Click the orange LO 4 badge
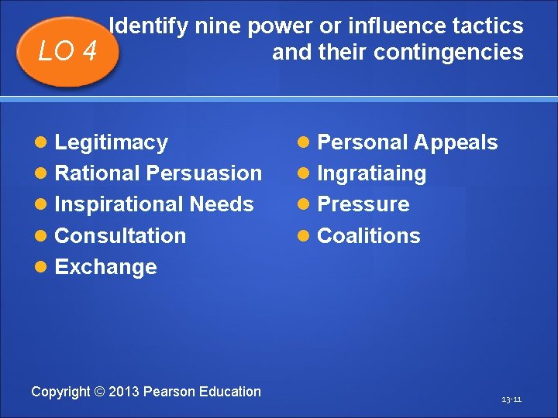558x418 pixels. pyautogui.click(x=68, y=52)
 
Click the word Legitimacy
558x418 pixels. pyautogui.click(x=112, y=142)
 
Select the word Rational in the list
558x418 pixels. pyautogui.click(x=98, y=173)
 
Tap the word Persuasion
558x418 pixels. pyautogui.click(x=204, y=173)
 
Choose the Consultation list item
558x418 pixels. pyautogui.click(x=120, y=235)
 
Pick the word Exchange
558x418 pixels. pyautogui.click(x=106, y=267)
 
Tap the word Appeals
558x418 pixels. pyautogui.click(x=456, y=142)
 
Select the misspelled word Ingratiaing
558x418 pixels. pyautogui.click(x=372, y=173)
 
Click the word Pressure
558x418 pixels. pyautogui.click(x=363, y=204)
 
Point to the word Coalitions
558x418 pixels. pyautogui.click(x=369, y=235)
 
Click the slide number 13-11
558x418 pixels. pyautogui.click(x=511, y=399)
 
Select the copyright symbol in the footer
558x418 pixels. pyautogui.click(x=99, y=392)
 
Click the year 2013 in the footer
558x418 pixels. pyautogui.click(x=123, y=392)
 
